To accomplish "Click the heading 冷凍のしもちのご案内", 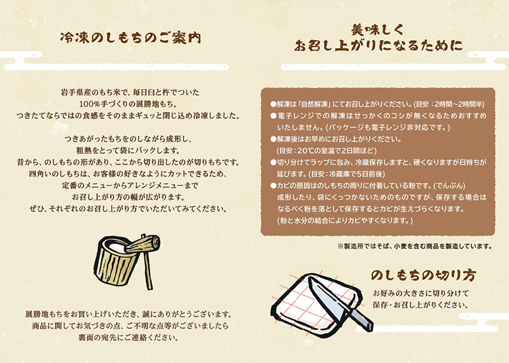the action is pos(130,38).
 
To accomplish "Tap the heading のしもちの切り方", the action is pos(423,275).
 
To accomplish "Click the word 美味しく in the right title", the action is pos(377,30).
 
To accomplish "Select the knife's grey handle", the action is pos(361,319).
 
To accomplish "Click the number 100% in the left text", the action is pos(88,104).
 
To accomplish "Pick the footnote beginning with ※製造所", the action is pos(415,246).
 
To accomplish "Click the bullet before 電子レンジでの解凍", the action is pos(274,116).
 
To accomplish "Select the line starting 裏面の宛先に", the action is pos(129,338).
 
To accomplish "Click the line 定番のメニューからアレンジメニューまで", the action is pos(130,186).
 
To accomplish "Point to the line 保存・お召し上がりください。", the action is pos(421,306).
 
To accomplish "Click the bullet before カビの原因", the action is pos(274,186).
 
